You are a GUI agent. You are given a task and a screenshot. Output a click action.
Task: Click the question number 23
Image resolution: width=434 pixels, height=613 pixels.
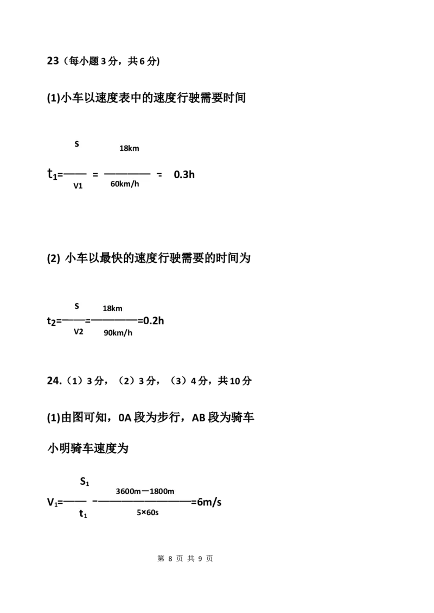[x=53, y=61]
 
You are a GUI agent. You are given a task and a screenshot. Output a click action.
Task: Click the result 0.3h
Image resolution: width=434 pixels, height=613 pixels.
[x=184, y=174]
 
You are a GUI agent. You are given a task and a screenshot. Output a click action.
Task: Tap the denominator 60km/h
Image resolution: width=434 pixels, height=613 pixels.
[x=125, y=184]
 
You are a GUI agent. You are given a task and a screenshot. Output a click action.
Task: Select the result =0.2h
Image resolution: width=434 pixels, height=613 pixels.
[x=151, y=321]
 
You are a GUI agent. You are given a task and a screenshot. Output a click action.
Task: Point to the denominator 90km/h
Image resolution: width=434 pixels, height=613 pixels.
[x=118, y=333]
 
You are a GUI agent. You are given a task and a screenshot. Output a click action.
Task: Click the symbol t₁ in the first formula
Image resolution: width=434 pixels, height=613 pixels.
[x=52, y=174]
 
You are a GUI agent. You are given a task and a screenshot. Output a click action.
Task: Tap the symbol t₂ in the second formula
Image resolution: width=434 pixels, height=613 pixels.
[x=52, y=321]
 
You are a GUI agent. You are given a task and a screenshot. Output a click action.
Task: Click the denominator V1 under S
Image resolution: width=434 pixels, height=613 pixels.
[x=78, y=186]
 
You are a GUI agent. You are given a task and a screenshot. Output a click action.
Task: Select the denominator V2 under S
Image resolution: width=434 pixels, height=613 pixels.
[x=78, y=332]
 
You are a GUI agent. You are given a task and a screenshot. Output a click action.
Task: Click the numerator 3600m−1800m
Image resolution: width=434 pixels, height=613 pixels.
[x=145, y=491]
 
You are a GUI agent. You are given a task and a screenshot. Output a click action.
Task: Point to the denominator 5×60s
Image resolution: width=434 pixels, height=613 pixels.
[x=148, y=513]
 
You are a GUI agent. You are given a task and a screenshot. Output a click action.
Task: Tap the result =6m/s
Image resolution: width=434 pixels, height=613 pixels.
[x=206, y=502]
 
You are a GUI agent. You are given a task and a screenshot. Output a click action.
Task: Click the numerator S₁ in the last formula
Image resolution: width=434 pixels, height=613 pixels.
[x=85, y=482]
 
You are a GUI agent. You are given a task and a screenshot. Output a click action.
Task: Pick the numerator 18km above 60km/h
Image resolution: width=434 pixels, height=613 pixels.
[x=129, y=149]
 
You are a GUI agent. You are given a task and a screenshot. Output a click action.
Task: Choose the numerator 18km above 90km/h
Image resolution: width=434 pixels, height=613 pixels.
[x=112, y=308]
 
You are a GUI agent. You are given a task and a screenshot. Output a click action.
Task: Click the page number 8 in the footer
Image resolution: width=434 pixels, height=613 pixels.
[x=170, y=559]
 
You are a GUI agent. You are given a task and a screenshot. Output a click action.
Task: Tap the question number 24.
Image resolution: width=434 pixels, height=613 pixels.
[x=54, y=381]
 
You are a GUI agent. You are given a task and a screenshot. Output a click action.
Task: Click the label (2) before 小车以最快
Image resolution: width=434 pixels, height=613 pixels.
[x=54, y=258]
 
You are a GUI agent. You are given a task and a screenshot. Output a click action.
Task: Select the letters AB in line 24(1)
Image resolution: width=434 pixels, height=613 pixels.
[x=199, y=418]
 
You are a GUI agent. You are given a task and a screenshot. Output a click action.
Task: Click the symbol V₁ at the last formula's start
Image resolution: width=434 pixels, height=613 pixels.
[x=53, y=502]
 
